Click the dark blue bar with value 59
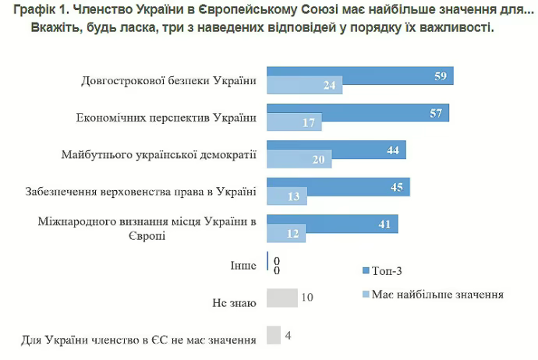pos(359,76)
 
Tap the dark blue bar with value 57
pos(358,112)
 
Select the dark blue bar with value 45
pos(338,187)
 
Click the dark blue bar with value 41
pos(332,224)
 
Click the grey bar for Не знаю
pos(281,298)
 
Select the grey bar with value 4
pos(274,335)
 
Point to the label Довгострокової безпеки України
pos(169,81)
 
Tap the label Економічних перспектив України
pos(165,118)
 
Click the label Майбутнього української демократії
pos(158,155)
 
